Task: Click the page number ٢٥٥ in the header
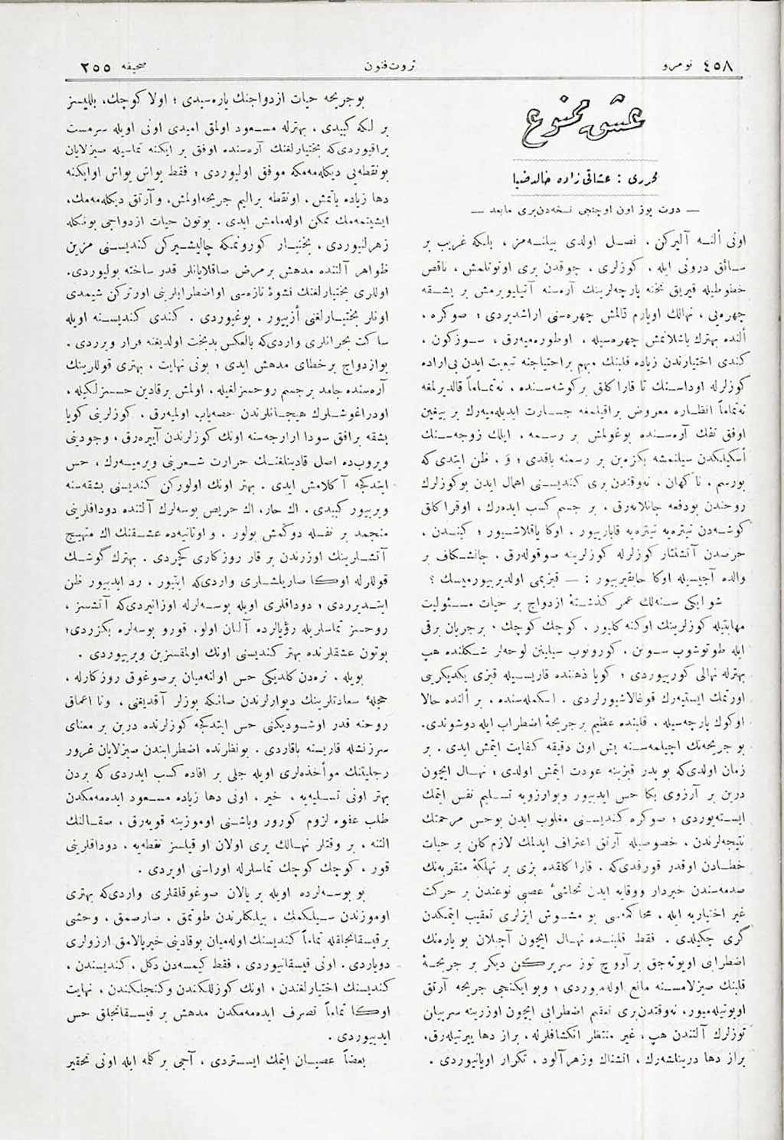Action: (96, 66)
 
